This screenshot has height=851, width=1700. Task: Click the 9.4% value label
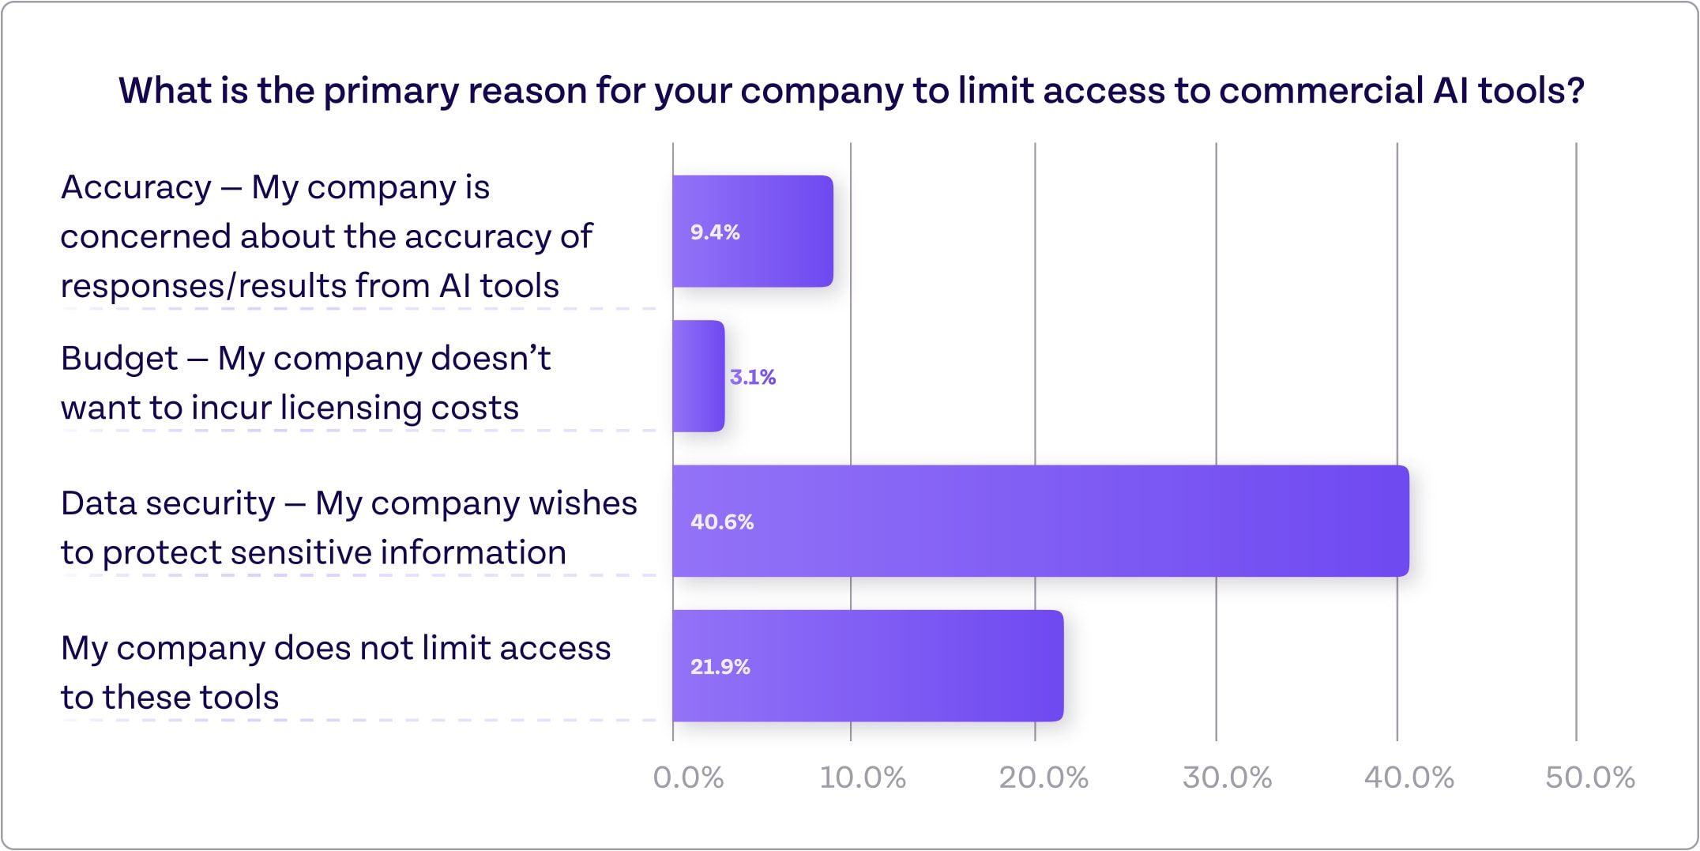[x=715, y=232]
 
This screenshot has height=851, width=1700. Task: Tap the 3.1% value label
[x=752, y=377]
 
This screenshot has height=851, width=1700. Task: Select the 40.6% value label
[x=722, y=522]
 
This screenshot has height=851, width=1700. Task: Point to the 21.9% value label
[x=720, y=667]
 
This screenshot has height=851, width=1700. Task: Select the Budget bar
[x=698, y=377]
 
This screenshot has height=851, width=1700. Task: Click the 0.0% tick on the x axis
[x=688, y=778]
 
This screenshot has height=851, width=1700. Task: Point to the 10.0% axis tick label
[x=863, y=778]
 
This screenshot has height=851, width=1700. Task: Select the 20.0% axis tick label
[x=1044, y=778]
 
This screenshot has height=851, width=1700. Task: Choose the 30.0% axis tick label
[x=1227, y=778]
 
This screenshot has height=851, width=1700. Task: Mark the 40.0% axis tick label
[x=1409, y=778]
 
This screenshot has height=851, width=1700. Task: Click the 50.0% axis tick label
[x=1589, y=778]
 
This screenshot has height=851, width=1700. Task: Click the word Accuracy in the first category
[x=137, y=188]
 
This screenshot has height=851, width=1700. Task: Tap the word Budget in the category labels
[x=119, y=360]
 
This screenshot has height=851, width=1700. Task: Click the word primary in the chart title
[x=391, y=91]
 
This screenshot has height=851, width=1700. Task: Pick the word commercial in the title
[x=1321, y=91]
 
